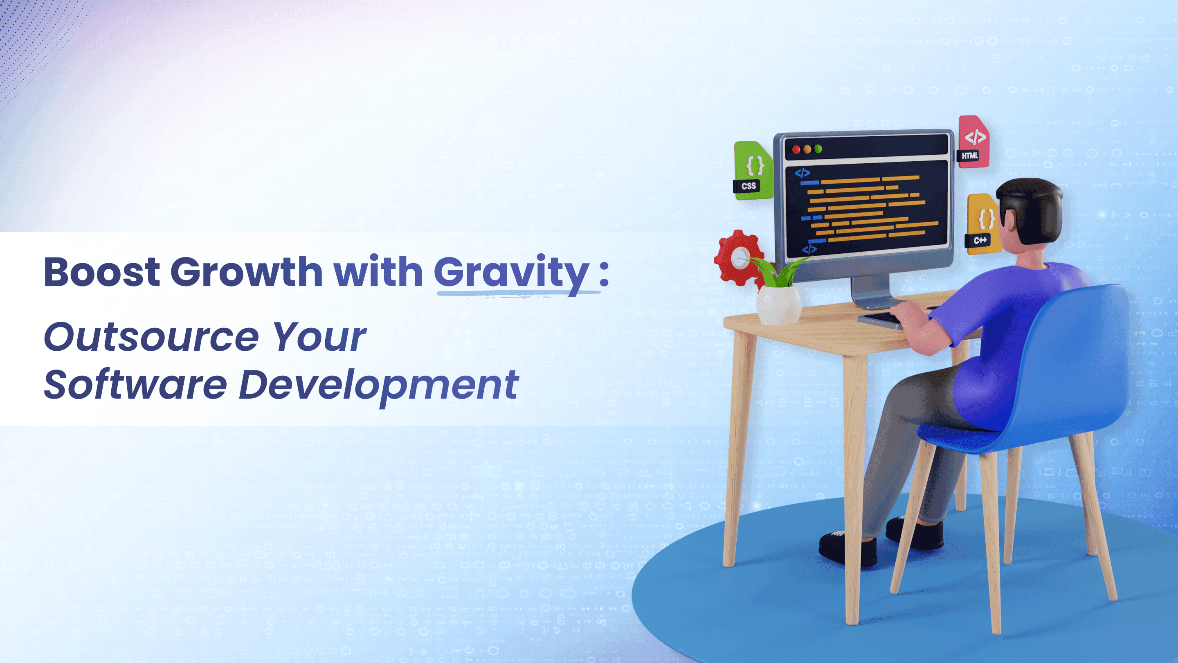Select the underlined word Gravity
pyautogui.click(x=511, y=275)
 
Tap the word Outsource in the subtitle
pyautogui.click(x=151, y=338)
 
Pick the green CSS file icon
pyautogui.click(x=753, y=170)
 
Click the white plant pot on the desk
pyautogui.click(x=779, y=305)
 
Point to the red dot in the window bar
pyautogui.click(x=796, y=149)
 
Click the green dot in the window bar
pyautogui.click(x=818, y=149)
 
